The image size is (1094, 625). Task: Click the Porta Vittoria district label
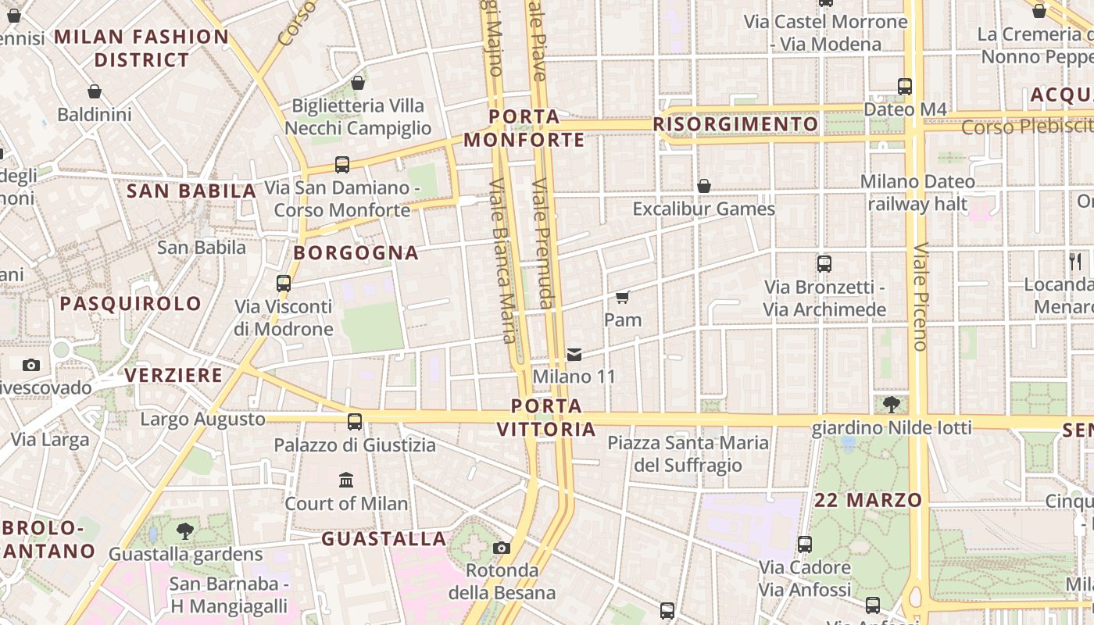tap(546, 417)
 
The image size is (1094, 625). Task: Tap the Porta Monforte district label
tap(524, 128)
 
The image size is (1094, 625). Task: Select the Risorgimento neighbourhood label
tap(735, 124)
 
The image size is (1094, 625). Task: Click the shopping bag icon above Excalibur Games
tap(704, 186)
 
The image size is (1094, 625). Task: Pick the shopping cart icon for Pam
tap(623, 297)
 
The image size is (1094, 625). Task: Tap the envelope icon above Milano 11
tap(574, 355)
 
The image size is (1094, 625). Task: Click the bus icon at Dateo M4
tap(905, 87)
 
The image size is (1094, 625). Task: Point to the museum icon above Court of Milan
tap(346, 480)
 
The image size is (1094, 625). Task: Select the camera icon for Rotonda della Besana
tap(502, 548)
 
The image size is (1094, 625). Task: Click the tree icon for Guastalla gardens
tap(185, 531)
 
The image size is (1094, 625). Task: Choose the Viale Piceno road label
tap(920, 297)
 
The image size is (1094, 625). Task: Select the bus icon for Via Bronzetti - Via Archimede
tap(824, 264)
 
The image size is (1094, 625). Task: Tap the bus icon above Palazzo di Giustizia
tap(355, 422)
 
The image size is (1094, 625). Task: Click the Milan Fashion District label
tap(141, 48)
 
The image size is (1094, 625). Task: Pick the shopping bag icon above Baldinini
tap(95, 91)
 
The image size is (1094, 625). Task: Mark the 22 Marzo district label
tap(868, 500)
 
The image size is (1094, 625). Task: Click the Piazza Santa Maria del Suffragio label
tap(688, 454)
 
